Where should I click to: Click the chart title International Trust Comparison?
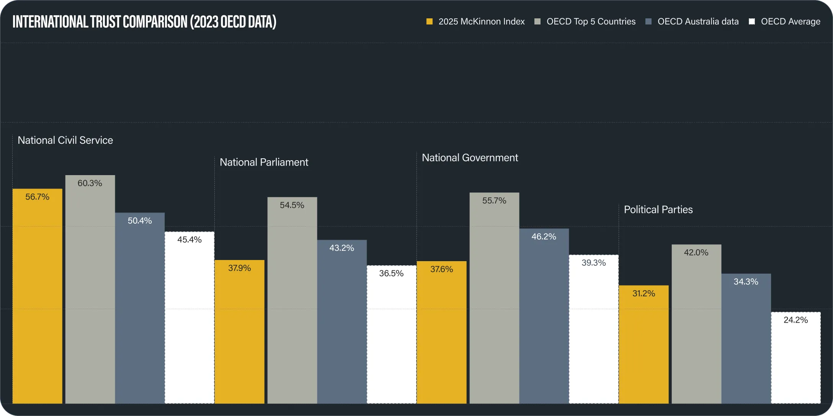144,22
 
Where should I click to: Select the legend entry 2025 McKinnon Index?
475,22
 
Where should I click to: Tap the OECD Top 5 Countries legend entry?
585,22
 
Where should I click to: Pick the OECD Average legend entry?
785,22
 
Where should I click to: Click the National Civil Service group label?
65,140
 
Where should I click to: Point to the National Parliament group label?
264,162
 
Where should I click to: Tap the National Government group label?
470,158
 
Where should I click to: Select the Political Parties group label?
658,210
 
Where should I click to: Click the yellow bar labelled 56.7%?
38,298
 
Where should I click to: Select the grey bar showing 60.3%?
90,291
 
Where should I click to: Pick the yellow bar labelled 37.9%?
240,333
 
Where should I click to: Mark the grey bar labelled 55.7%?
494,298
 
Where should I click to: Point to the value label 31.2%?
644,294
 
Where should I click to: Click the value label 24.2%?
795,320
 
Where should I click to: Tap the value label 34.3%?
746,282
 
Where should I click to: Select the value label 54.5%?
292,205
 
